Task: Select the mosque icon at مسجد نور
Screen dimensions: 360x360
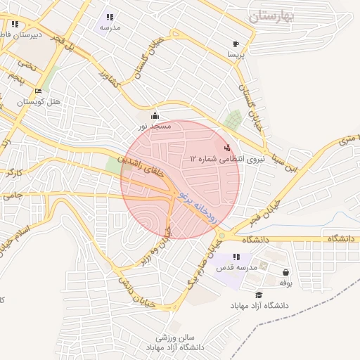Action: coord(155,115)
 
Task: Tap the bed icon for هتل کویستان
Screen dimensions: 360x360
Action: coord(38,91)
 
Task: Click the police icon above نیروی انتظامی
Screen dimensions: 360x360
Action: coord(227,148)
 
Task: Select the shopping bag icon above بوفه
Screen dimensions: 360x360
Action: coord(285,272)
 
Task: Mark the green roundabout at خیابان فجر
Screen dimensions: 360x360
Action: coord(221,236)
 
